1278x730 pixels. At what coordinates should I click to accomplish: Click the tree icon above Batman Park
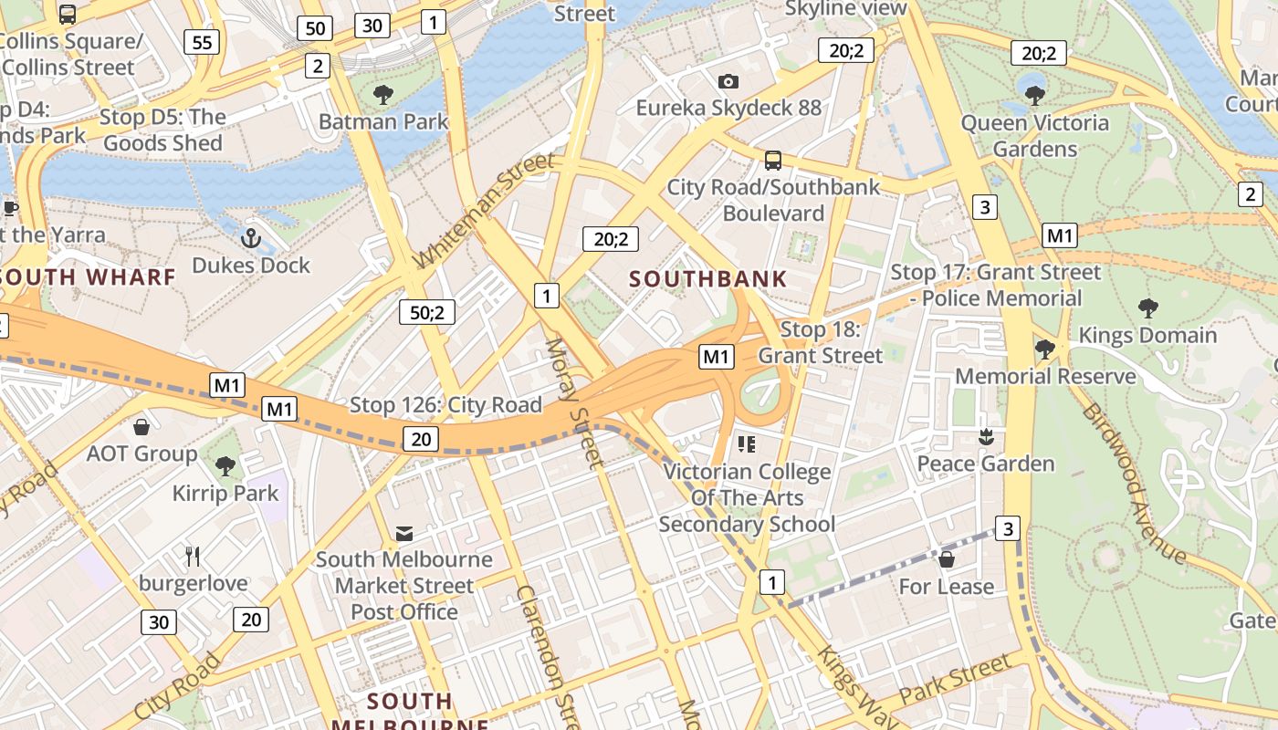pos(383,94)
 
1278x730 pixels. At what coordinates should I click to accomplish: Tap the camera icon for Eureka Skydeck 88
pos(728,81)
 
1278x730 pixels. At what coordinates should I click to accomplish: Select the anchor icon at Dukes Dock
pos(250,239)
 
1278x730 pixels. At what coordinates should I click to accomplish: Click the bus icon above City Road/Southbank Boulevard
pos(773,161)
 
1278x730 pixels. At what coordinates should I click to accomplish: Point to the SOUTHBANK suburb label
pos(707,279)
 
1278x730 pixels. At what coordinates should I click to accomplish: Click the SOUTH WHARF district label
pos(88,276)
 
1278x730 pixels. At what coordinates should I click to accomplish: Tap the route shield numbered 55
pos(202,41)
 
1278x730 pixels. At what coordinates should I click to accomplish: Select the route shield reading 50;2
pos(426,312)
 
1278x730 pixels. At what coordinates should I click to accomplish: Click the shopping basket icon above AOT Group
pos(141,427)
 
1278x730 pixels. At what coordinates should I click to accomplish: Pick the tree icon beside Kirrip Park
pos(225,466)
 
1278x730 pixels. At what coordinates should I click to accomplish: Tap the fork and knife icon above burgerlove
pos(193,556)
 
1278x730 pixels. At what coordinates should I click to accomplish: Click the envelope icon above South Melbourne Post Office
pos(403,533)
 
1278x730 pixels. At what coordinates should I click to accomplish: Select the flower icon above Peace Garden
pos(985,437)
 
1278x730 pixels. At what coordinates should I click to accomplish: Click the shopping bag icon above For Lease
pos(947,558)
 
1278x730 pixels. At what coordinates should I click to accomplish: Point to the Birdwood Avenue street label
pos(1134,484)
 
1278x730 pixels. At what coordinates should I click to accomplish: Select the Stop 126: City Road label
pos(445,404)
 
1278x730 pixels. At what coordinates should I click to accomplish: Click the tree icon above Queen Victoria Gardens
pos(1034,95)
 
